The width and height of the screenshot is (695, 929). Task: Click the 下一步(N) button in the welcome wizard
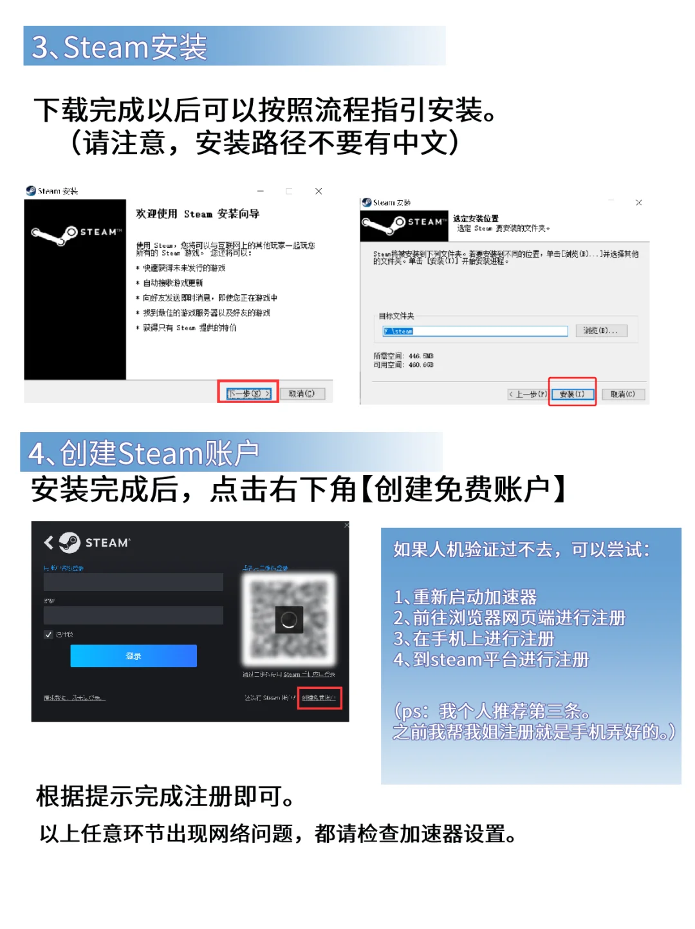tap(248, 393)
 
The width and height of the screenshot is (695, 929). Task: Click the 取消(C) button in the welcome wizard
tap(302, 393)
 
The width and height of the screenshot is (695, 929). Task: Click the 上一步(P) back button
tap(528, 394)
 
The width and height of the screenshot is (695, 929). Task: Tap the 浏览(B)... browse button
tap(600, 331)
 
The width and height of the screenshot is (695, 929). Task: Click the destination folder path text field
tap(475, 331)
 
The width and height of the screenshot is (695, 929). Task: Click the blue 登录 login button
tap(133, 656)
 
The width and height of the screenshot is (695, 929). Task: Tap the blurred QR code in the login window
tap(289, 619)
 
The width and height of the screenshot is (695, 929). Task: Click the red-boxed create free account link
tap(319, 698)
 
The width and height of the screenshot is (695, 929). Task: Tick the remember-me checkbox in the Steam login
tap(48, 635)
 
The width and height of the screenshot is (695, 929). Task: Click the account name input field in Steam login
tap(133, 582)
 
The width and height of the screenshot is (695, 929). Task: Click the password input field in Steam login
tap(133, 615)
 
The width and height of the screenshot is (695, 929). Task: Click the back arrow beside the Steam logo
tap(48, 543)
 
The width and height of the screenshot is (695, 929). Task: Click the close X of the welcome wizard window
tap(319, 191)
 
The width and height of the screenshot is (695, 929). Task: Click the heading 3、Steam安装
tap(120, 47)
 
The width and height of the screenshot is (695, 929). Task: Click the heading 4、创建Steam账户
tap(144, 454)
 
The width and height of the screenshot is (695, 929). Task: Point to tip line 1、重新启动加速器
tap(465, 597)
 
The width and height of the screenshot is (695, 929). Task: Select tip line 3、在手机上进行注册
tap(474, 639)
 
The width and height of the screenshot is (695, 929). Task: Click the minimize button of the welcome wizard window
tap(261, 191)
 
